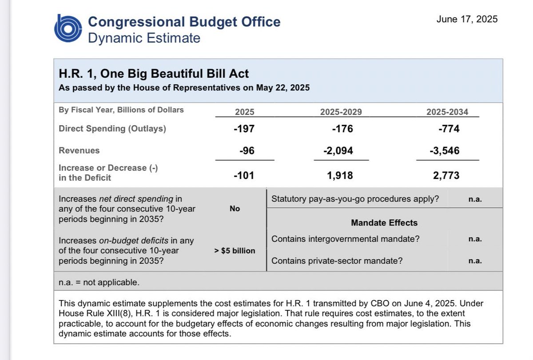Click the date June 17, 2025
tap(467, 19)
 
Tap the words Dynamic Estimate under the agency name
tap(144, 38)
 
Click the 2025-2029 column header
tap(341, 112)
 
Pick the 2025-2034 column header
tap(447, 112)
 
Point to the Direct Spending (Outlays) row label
tap(113, 129)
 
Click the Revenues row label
tap(79, 150)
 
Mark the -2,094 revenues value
tap(338, 151)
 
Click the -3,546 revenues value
tap(445, 151)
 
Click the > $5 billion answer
tap(235, 251)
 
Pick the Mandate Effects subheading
tap(384, 223)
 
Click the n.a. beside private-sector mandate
tap(475, 261)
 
